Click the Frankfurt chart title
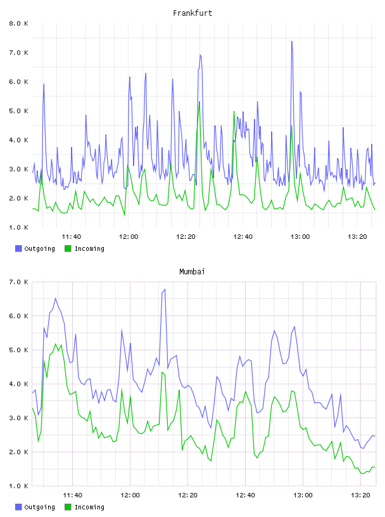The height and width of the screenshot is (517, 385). click(x=192, y=13)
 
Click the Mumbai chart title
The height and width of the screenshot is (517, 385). click(x=192, y=272)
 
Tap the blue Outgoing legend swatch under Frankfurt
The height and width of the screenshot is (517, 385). click(x=18, y=248)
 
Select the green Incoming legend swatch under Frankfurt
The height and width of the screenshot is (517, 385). click(x=68, y=248)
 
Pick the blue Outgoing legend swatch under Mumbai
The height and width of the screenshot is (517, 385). click(x=18, y=507)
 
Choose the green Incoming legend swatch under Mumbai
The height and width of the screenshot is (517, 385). click(x=68, y=507)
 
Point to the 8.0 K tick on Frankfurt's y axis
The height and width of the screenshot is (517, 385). click(x=18, y=23)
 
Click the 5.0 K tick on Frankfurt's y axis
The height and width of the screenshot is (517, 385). click(x=18, y=111)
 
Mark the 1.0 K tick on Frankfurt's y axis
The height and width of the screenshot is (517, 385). click(x=18, y=227)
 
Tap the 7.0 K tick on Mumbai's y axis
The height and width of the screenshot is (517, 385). click(x=18, y=282)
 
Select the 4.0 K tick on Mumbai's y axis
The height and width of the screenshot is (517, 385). click(x=18, y=384)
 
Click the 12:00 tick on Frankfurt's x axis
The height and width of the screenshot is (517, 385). click(x=129, y=237)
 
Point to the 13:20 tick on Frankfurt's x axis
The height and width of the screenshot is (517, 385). click(x=357, y=237)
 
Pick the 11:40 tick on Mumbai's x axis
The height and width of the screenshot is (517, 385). click(x=73, y=495)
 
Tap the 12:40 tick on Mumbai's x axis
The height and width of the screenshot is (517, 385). click(x=245, y=495)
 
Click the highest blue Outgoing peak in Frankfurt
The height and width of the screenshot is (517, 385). click(x=292, y=41)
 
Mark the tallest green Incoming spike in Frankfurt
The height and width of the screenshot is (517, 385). click(x=199, y=102)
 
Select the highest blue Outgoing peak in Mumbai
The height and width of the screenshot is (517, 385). click(x=165, y=290)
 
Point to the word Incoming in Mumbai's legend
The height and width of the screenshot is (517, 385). click(x=89, y=507)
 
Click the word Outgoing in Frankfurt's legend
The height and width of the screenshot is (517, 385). click(x=39, y=249)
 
